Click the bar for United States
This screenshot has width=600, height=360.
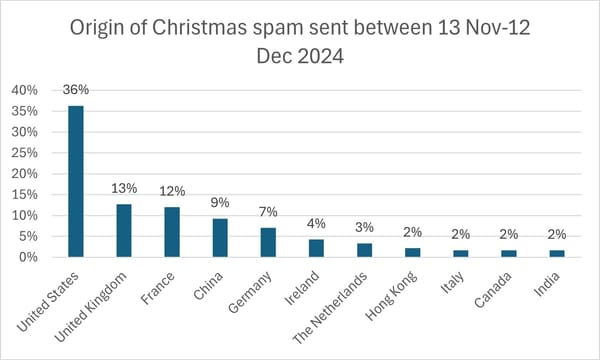coord(75,181)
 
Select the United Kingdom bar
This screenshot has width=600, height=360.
coord(124,230)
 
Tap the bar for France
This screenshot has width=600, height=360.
coord(172,232)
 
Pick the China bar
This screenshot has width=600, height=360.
coord(220,238)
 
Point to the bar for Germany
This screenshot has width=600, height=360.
coord(268,242)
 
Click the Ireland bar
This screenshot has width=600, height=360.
coord(316,248)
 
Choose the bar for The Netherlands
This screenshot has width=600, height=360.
coord(364,250)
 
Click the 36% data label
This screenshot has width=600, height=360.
coord(75,89)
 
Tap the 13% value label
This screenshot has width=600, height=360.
coord(124,187)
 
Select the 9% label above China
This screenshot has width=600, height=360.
coord(220,203)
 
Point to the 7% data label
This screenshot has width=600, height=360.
coord(268,212)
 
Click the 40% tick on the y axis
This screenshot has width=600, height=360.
coord(24,90)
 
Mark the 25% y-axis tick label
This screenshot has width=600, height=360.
coord(24,153)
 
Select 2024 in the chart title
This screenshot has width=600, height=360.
coord(318,57)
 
